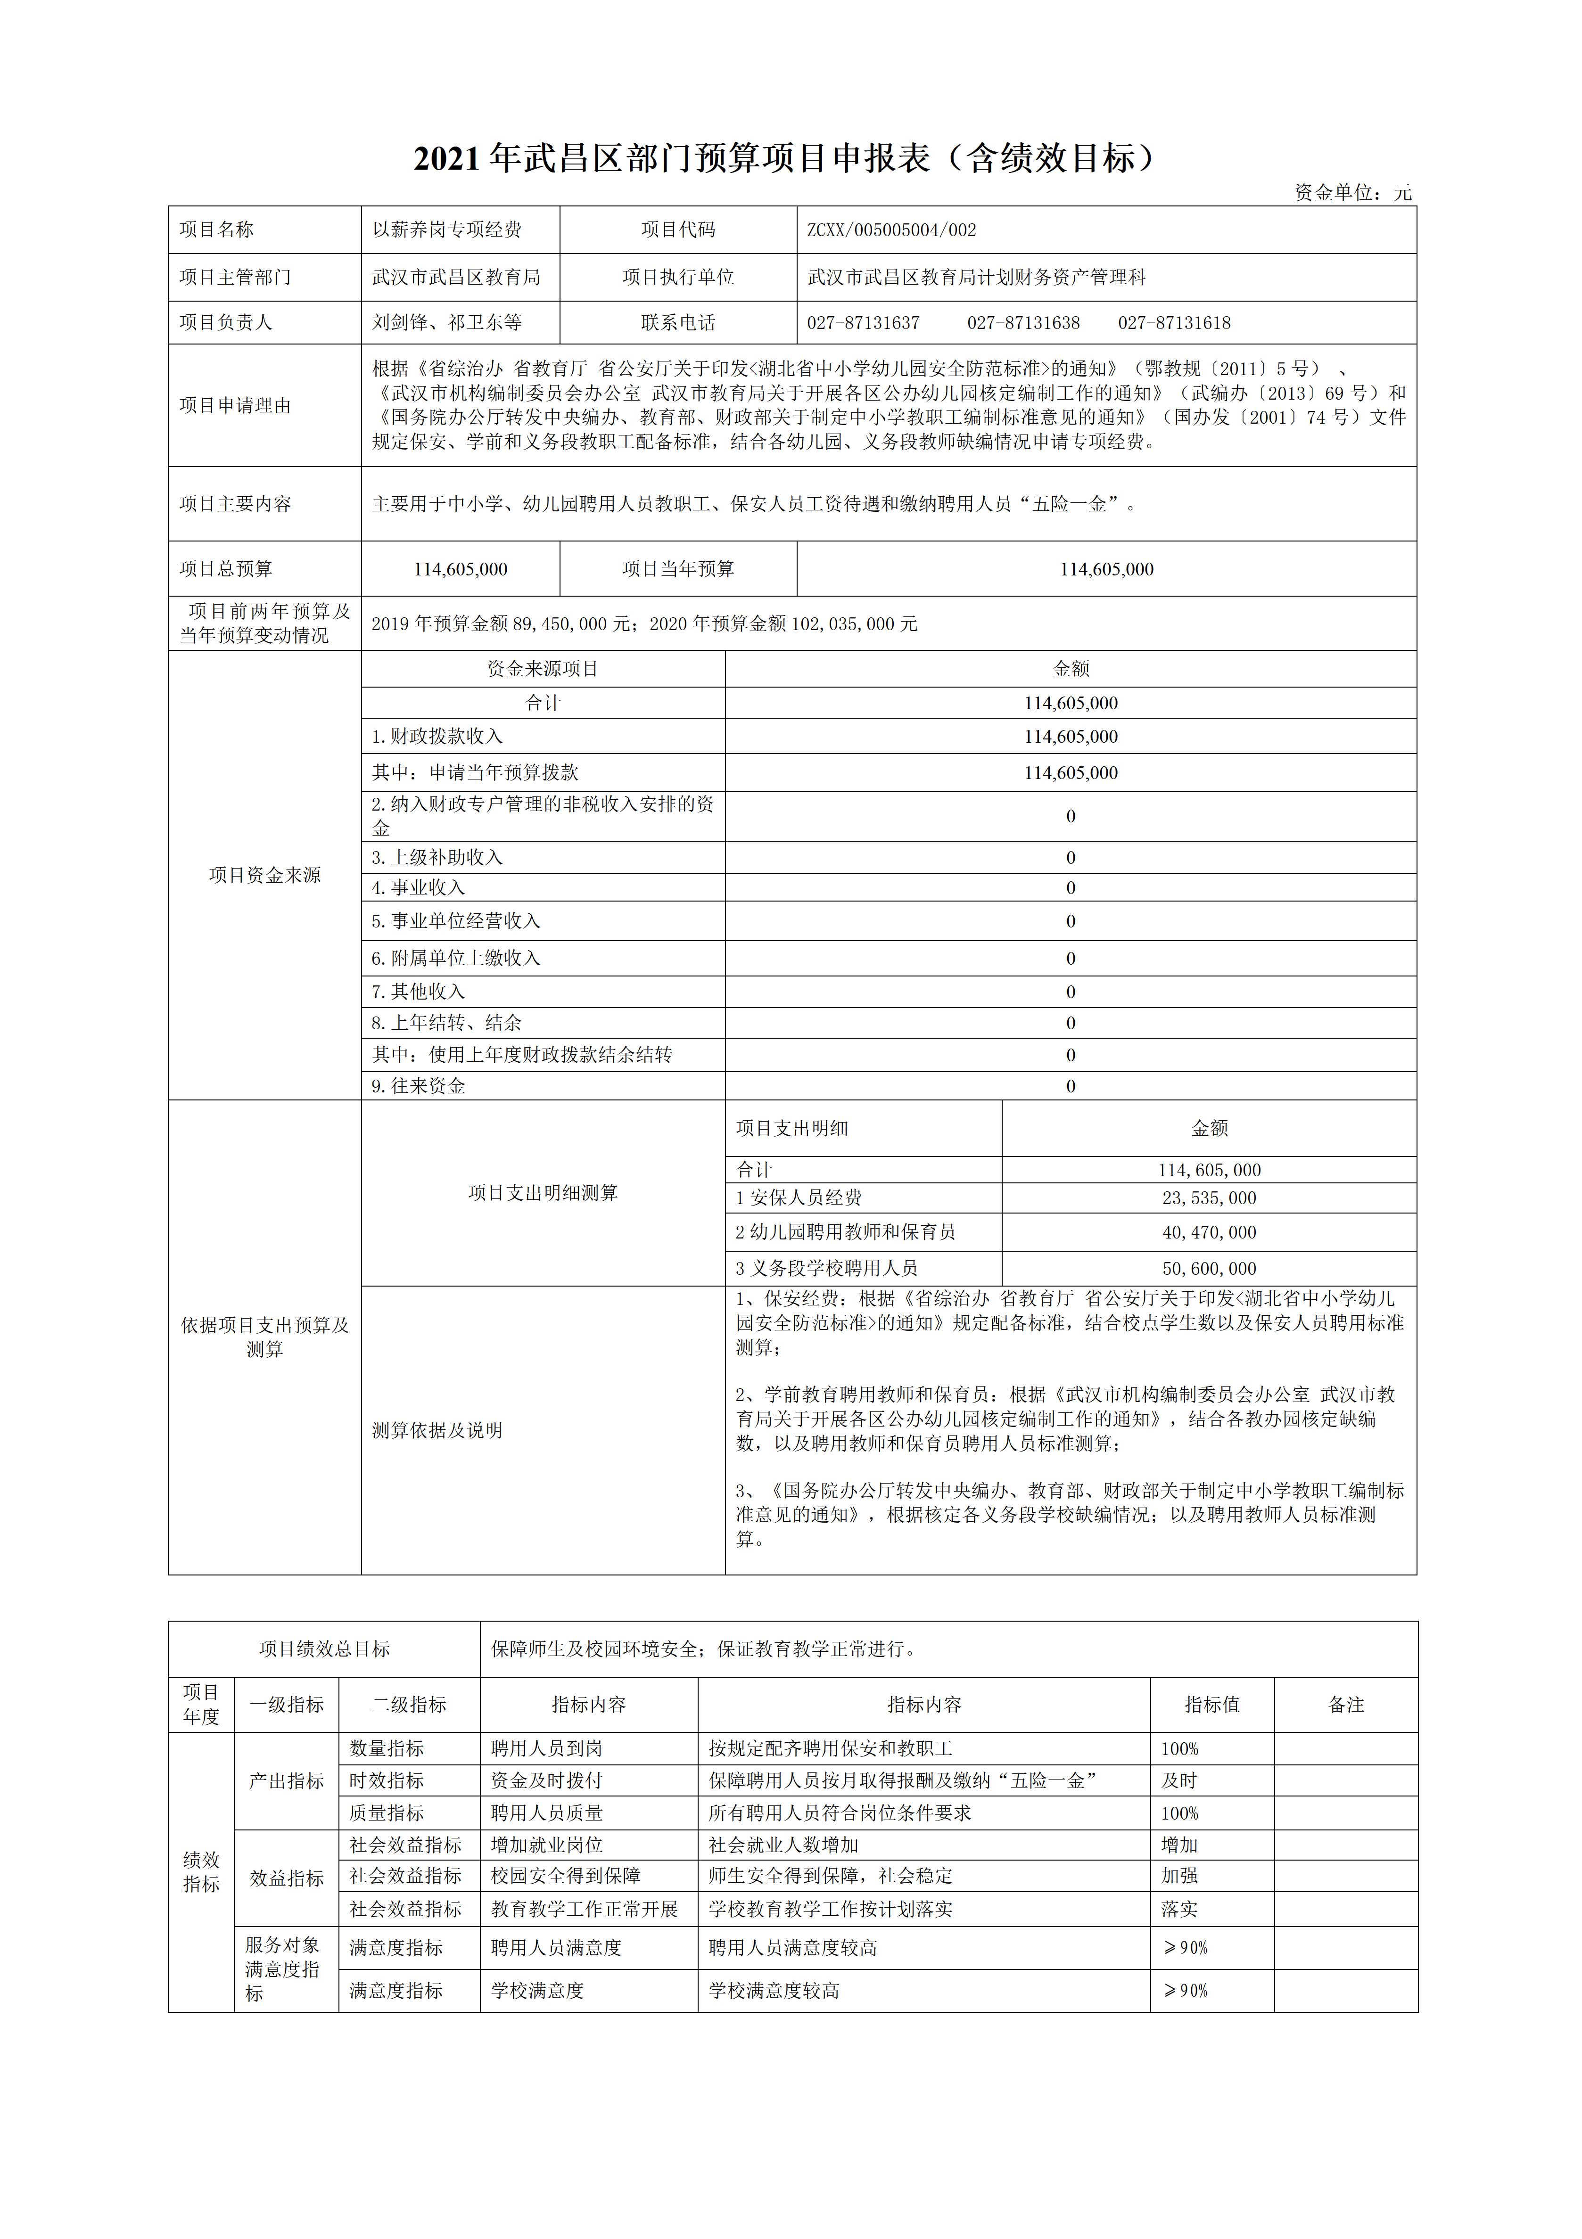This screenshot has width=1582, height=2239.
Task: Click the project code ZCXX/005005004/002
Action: click(x=891, y=230)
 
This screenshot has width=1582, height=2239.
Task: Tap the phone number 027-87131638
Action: click(x=1023, y=323)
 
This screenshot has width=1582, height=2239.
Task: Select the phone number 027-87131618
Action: click(x=1174, y=323)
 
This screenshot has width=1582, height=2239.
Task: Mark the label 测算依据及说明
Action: click(x=437, y=1431)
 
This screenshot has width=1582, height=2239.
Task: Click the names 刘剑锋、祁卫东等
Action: click(x=447, y=323)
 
